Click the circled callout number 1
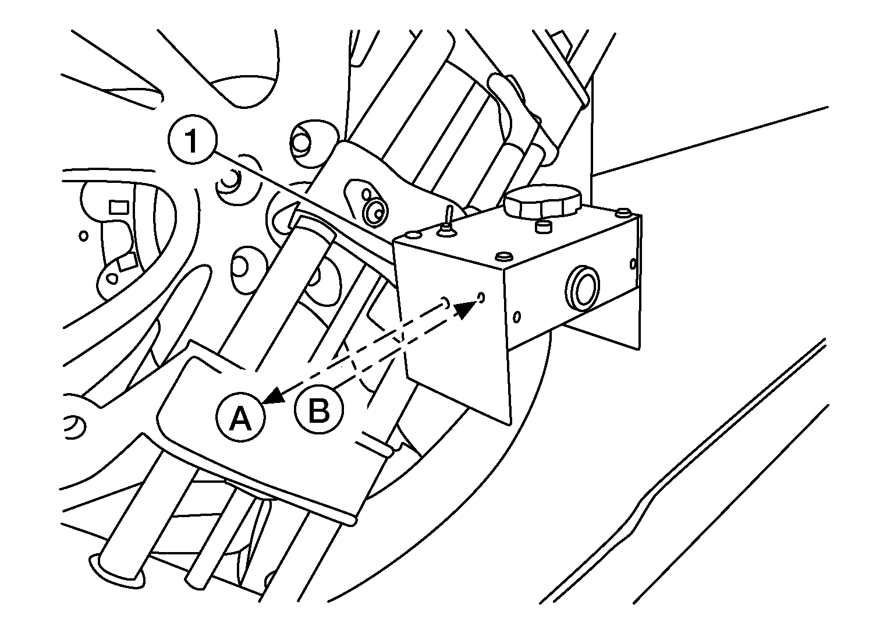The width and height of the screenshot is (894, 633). tap(193, 139)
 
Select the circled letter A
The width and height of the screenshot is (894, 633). tap(240, 418)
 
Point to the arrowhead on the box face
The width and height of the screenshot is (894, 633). tap(466, 309)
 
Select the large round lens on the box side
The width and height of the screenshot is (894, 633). tap(582, 288)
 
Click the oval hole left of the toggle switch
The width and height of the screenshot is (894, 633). tap(412, 234)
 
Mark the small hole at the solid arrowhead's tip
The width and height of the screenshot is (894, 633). tap(481, 297)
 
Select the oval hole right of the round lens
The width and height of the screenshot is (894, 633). tap(633, 264)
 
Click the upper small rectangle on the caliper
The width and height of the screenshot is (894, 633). tap(119, 207)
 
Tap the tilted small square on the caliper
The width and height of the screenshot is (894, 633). tap(127, 263)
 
